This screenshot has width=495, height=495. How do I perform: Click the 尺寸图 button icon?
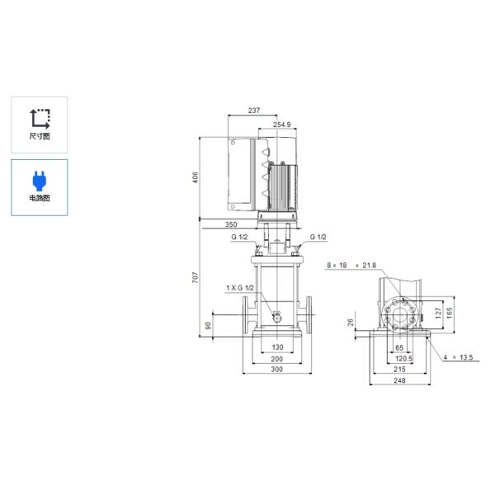(x=39, y=118)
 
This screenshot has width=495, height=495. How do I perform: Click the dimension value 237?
(x=255, y=111)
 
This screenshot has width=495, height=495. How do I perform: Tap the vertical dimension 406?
(x=196, y=178)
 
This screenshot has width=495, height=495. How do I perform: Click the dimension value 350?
(x=230, y=224)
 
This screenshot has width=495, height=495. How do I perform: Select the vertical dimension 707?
(x=196, y=278)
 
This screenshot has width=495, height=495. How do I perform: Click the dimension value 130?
(x=277, y=347)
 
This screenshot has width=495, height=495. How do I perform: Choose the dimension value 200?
(x=277, y=359)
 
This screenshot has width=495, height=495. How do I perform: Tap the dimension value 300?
(x=277, y=370)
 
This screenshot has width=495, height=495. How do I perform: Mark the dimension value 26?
(x=351, y=323)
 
